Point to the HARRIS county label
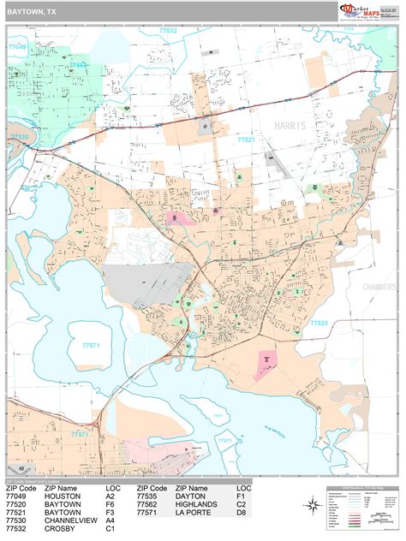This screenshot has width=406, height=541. click(x=290, y=126)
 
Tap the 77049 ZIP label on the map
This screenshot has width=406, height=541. click(x=17, y=48)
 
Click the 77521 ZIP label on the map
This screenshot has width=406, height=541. click(x=247, y=139)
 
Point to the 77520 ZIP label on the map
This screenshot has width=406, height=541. click(x=319, y=323)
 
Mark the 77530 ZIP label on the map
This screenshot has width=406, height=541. click(x=19, y=136)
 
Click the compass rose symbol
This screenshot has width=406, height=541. click(x=312, y=505)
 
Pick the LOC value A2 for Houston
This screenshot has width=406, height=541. click(x=110, y=496)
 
